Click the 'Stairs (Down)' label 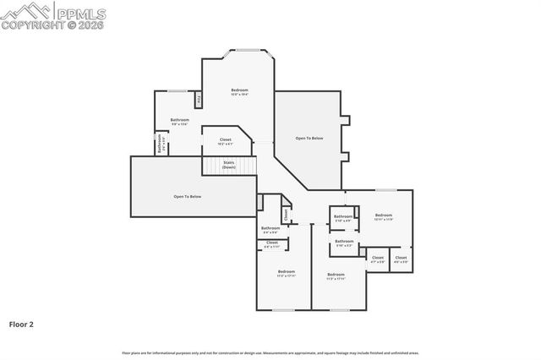click(x=228, y=165)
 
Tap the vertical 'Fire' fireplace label click(x=198, y=101)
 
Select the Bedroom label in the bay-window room click(x=240, y=91)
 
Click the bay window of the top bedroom click(x=247, y=52)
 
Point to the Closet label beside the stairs click(x=225, y=141)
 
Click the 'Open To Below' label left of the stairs click(x=188, y=196)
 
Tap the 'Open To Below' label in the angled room click(x=309, y=138)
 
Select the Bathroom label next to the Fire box click(x=179, y=122)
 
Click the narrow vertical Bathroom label click(x=160, y=144)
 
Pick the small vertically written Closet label click(x=286, y=215)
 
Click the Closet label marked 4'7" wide click(x=377, y=259)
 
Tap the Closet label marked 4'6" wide click(x=401, y=259)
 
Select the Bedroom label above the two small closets click(x=384, y=216)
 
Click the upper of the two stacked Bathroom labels click(x=343, y=218)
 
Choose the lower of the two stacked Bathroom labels click(x=344, y=243)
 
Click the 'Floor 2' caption click(x=21, y=324)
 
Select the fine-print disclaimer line click(x=270, y=352)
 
